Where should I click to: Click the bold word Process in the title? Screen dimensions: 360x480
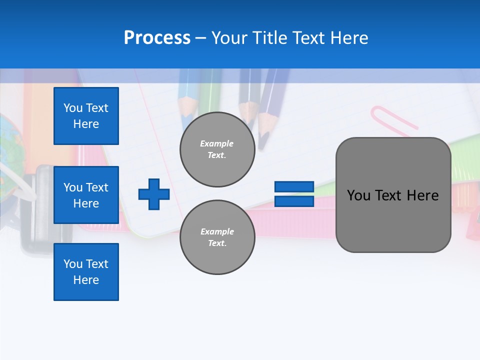pos(157,38)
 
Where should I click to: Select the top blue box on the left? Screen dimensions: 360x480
pos(86,116)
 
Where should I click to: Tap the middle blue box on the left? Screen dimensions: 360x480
pos(86,195)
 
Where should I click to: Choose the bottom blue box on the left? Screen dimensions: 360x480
pos(86,272)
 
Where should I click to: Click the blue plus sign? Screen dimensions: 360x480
pos(154,194)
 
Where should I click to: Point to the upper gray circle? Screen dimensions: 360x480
pos(217,149)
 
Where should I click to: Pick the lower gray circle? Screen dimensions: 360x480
pos(217,237)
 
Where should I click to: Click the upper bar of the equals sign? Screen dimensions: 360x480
pos(294,187)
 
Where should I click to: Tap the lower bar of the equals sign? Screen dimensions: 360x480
pos(294,201)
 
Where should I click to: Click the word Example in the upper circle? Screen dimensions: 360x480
pos(217,143)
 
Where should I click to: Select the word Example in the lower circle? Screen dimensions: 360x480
pos(217,231)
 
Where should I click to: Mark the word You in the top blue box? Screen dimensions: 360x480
pos(72,108)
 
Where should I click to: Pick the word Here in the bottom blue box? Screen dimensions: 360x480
pos(86,280)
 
